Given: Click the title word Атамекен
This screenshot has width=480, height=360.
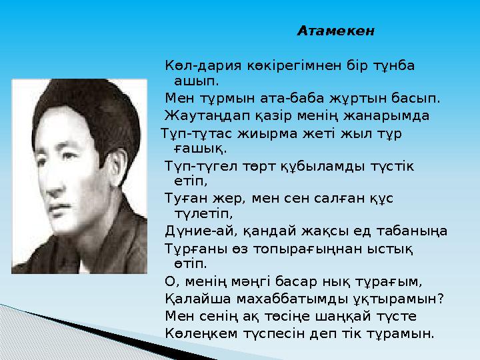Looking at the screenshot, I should (336, 31).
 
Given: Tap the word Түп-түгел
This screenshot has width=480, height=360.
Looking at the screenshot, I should (195, 165).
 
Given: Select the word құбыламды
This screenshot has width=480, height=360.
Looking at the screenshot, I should (330, 165).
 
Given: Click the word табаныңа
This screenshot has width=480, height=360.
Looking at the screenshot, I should (414, 231).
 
